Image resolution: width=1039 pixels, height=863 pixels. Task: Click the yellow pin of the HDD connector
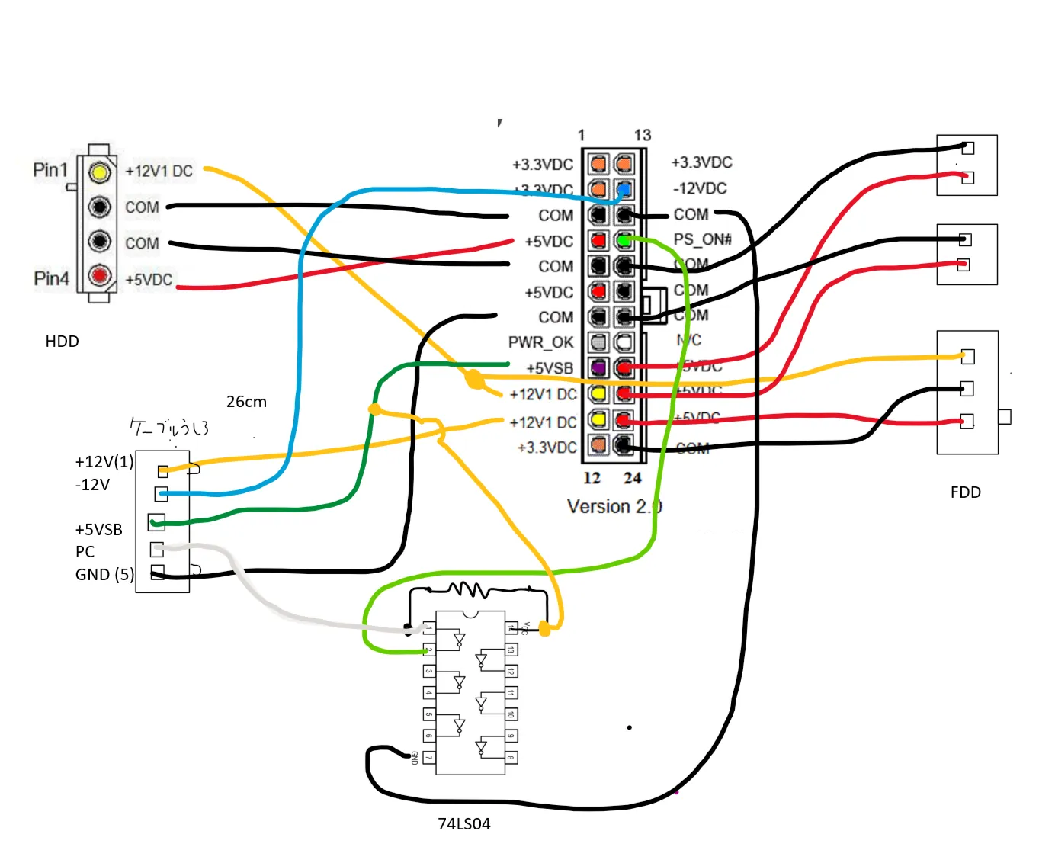tap(99, 172)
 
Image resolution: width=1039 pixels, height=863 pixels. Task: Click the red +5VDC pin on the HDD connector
tap(99, 274)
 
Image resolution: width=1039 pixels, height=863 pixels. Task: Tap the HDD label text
tap(62, 342)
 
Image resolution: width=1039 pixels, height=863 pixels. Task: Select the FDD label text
tap(965, 492)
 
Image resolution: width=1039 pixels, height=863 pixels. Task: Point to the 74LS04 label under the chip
tap(463, 824)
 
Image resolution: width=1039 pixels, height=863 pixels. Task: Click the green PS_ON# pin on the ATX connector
tap(624, 241)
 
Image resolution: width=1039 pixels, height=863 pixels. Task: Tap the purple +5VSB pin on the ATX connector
tap(598, 368)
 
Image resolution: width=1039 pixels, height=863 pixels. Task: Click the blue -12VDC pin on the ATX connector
tap(624, 189)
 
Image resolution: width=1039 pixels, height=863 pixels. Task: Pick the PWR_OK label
tap(540, 342)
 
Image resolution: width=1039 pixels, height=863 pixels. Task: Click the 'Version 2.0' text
tap(614, 507)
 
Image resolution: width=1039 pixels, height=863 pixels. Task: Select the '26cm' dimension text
tap(246, 402)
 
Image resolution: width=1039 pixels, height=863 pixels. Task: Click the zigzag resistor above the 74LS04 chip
tap(469, 589)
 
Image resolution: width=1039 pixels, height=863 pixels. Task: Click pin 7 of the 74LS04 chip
tap(428, 758)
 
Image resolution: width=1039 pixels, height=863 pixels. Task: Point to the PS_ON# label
tap(702, 239)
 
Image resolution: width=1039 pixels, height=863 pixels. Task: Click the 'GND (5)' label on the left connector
tap(104, 575)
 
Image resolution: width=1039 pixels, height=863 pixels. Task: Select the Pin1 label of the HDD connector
tap(50, 170)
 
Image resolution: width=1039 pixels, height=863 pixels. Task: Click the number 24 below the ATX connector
tap(632, 479)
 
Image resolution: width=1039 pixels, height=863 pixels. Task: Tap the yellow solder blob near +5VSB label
tap(474, 379)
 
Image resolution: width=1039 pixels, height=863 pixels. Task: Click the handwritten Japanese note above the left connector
tap(169, 428)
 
